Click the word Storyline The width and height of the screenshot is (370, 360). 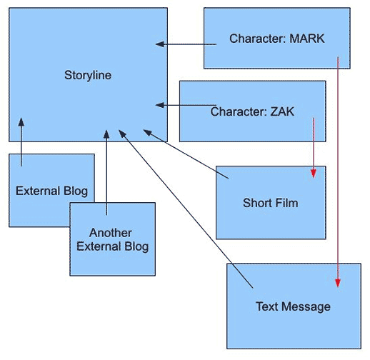point(88,75)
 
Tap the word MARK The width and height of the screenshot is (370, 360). point(307,39)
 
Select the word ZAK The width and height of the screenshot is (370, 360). point(282,111)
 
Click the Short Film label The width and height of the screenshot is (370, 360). point(271,203)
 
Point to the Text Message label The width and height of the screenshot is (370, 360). point(293,306)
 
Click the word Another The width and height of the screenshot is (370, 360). point(111,233)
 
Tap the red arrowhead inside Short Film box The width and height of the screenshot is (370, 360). point(314,174)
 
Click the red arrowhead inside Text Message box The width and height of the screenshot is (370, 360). point(338,283)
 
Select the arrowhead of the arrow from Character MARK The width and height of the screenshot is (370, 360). point(160,44)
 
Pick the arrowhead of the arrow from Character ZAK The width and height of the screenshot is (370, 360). point(160,105)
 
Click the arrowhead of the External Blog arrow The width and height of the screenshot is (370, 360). point(21,122)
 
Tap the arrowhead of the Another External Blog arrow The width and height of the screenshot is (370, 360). point(106,134)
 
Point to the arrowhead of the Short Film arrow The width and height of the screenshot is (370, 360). point(147,132)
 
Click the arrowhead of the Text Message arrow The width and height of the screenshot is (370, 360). point(122,134)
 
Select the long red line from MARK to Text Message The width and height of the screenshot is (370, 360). point(338,172)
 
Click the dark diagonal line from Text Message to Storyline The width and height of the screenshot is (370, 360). point(186,209)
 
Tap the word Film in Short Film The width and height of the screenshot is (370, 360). point(286,203)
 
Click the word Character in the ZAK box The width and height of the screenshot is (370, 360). point(239,111)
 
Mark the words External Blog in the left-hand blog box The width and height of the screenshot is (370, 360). point(51,191)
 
